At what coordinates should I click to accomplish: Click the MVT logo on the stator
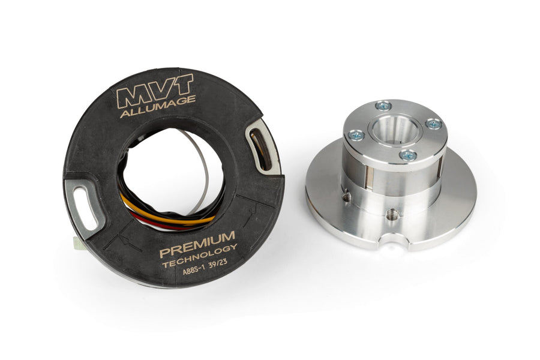[x=155, y=91]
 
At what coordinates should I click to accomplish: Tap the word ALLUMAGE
[x=158, y=106]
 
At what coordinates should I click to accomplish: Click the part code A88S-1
[x=194, y=271]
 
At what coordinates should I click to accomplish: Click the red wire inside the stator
[x=162, y=222]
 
